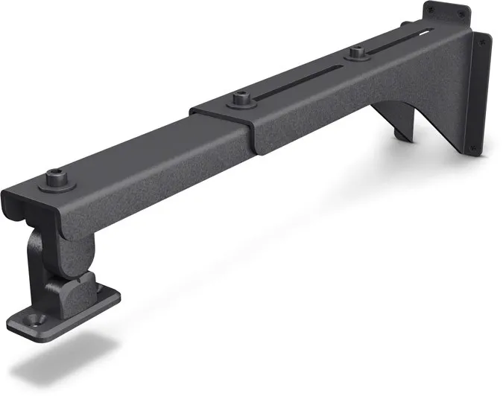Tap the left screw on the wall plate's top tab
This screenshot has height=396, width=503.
coord(431,9)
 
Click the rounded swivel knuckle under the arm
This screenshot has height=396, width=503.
coord(48,250)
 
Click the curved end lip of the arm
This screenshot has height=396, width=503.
coord(15,202)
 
